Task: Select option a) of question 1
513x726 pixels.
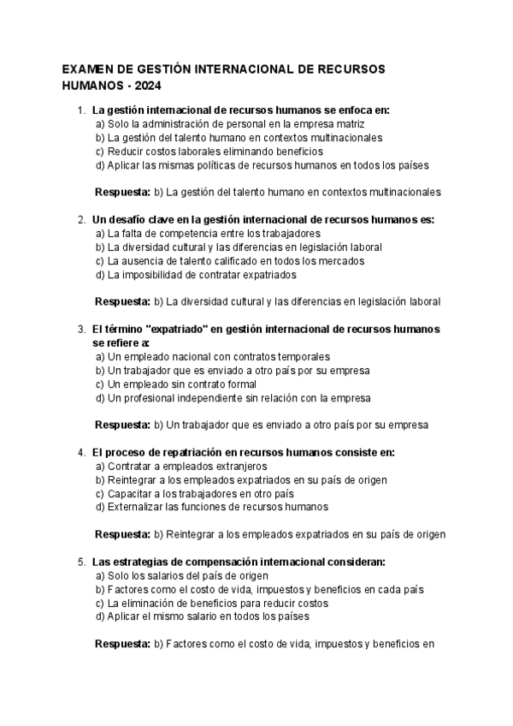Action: click(203, 123)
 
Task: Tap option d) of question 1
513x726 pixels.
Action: click(262, 164)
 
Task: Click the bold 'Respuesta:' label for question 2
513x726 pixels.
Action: click(122, 301)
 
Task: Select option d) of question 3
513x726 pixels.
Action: click(233, 397)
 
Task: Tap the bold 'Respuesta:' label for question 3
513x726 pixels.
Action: click(122, 425)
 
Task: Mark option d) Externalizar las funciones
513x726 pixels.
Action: click(205, 507)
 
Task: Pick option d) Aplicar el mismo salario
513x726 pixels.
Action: click(202, 616)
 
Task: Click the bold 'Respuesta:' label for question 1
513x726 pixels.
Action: click(122, 192)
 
